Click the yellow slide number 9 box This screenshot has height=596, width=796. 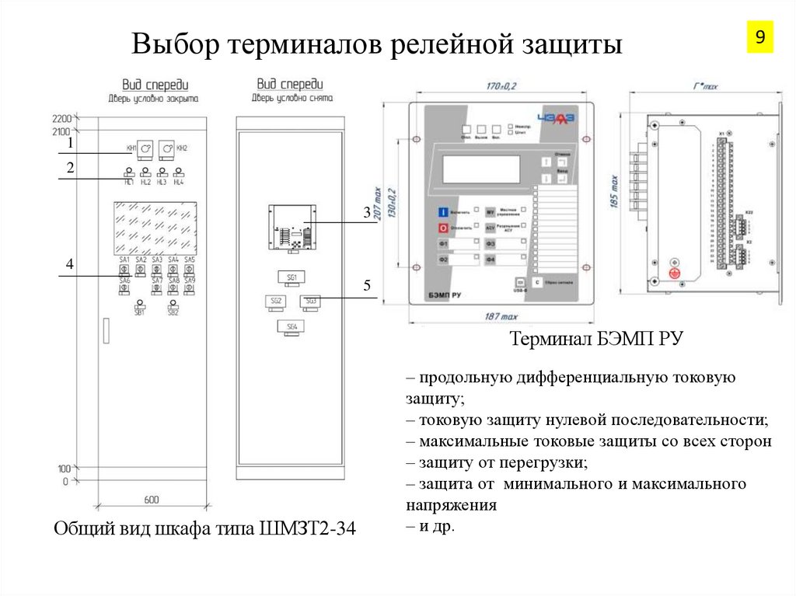tap(759, 37)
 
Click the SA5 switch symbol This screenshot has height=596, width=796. tap(190, 269)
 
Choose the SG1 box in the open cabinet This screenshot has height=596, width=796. tap(292, 277)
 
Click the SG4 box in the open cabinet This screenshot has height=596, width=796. tap(292, 327)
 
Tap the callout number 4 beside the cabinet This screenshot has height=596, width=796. tap(69, 265)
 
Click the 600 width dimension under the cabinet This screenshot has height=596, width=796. tap(152, 500)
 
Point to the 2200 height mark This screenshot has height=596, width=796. tap(61, 119)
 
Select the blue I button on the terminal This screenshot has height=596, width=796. tap(442, 211)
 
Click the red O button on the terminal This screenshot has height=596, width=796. tap(442, 228)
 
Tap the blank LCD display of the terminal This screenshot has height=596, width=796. tap(481, 168)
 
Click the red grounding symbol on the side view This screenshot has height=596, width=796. tap(674, 274)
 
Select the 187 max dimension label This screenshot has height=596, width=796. tap(502, 317)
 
